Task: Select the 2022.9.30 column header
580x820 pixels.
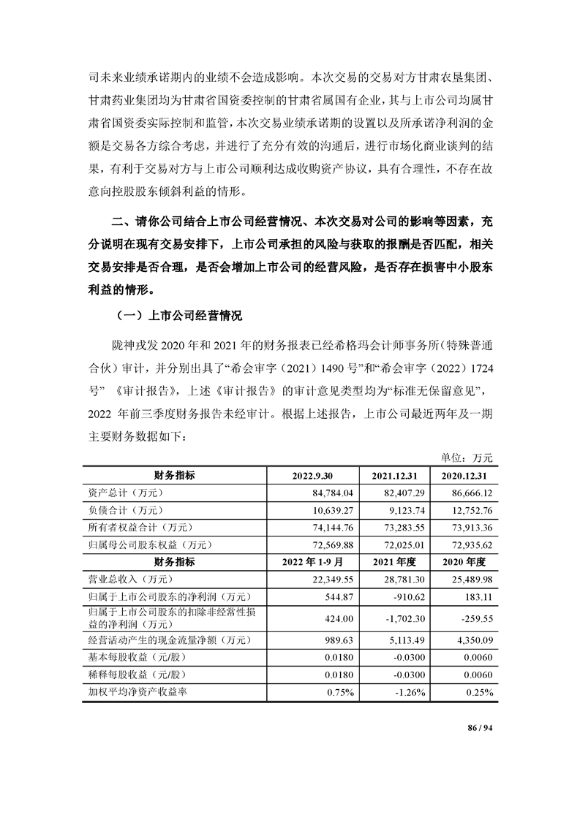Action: click(x=312, y=476)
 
